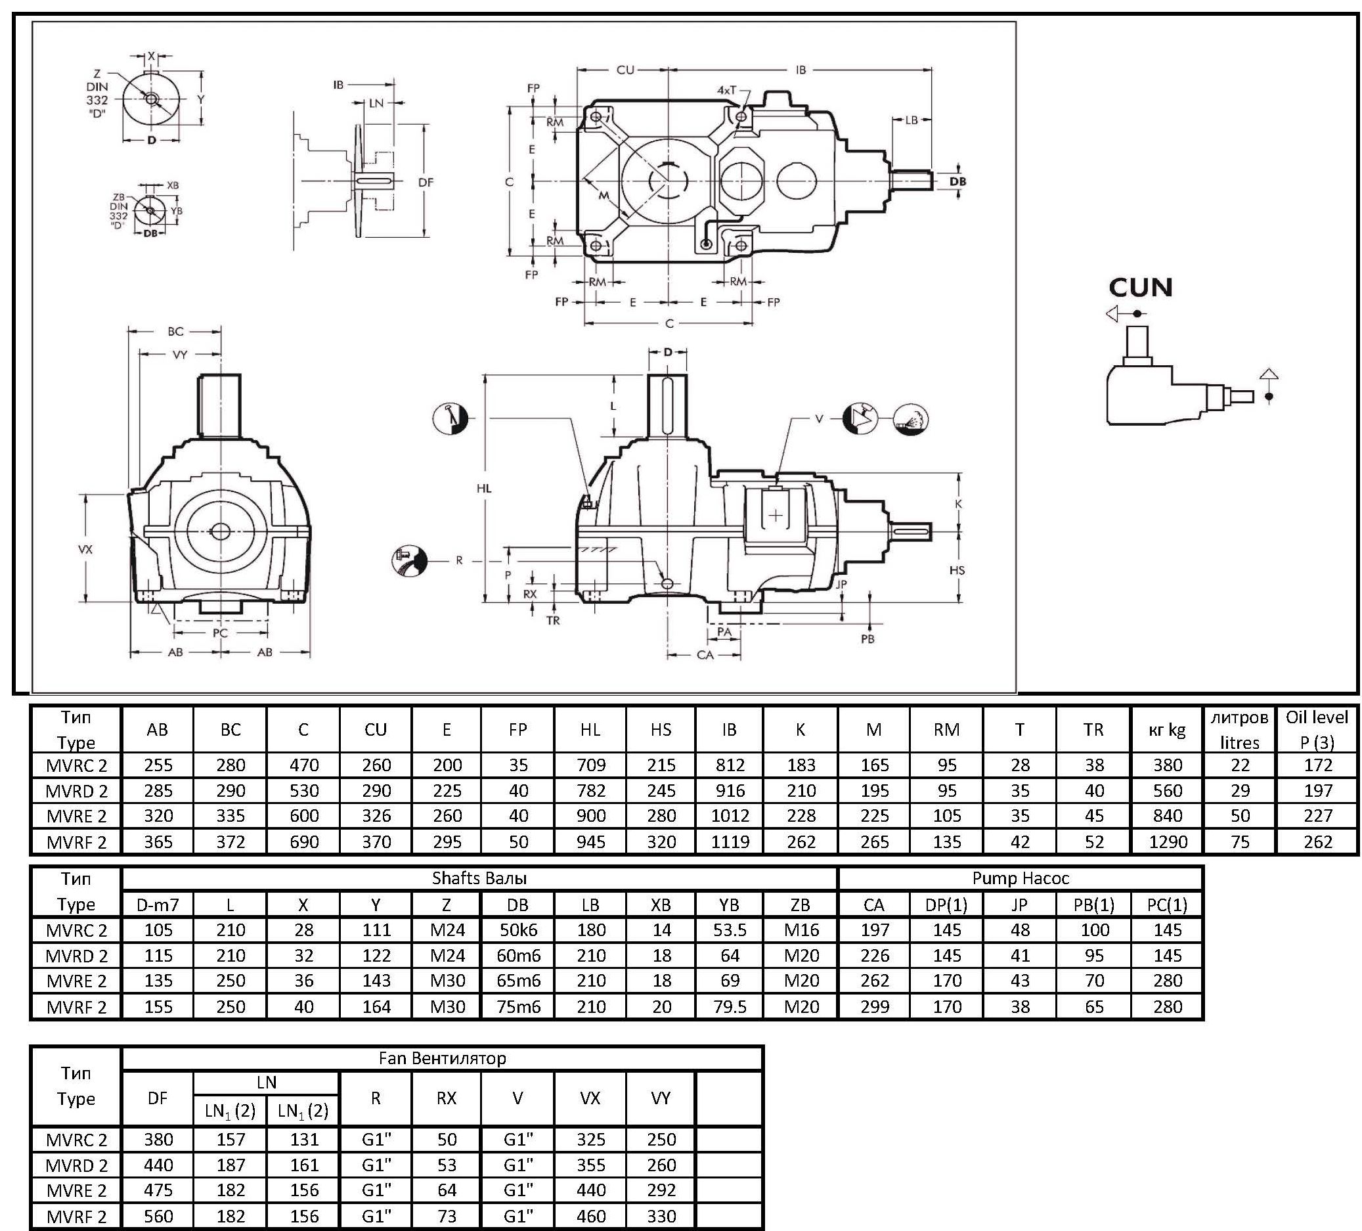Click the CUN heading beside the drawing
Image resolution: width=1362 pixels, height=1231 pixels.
click(1141, 287)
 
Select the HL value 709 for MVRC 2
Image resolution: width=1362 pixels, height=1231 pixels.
click(591, 765)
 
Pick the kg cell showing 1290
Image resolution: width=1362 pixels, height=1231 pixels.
click(1168, 842)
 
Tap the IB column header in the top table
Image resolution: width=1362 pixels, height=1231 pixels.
click(730, 730)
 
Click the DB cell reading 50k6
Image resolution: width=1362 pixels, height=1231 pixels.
click(518, 929)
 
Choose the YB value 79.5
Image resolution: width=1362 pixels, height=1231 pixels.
click(730, 1007)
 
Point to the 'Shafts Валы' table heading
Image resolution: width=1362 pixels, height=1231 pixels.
click(479, 878)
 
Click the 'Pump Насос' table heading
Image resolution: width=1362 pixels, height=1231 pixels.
click(1020, 878)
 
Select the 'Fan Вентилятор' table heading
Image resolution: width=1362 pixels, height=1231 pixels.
click(443, 1058)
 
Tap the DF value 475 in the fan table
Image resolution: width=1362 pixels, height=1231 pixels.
click(158, 1190)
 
